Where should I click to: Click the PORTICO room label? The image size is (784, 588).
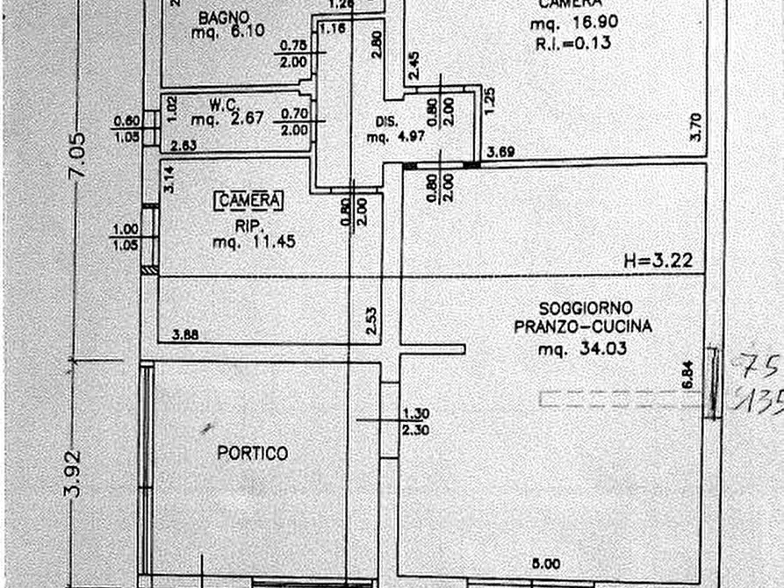[x=253, y=454]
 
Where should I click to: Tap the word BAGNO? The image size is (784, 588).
[x=224, y=17]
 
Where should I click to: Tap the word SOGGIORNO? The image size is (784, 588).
[x=586, y=309]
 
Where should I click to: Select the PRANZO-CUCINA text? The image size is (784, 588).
[x=584, y=327]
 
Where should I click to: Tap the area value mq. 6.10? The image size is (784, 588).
[x=227, y=34]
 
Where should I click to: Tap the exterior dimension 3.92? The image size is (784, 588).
[x=76, y=474]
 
